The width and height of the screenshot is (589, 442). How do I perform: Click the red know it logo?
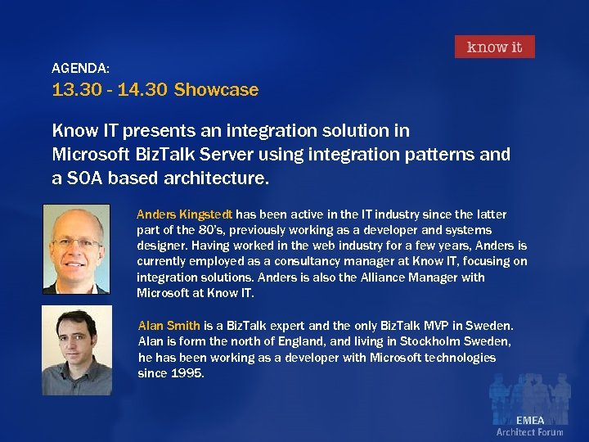click(494, 47)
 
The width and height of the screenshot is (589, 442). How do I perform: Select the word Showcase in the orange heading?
click(216, 90)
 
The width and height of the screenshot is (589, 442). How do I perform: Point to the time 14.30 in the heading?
click(142, 90)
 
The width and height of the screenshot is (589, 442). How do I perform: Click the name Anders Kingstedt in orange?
click(185, 214)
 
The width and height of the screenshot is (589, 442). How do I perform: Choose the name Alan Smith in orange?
click(169, 326)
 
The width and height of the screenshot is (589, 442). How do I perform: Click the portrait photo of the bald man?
click(75, 249)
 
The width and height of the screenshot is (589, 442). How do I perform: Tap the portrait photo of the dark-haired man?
click(76, 350)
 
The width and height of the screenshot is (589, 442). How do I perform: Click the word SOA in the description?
click(85, 178)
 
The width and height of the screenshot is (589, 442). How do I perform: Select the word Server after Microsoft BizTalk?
click(210, 154)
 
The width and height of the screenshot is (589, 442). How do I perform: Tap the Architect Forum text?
click(529, 432)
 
